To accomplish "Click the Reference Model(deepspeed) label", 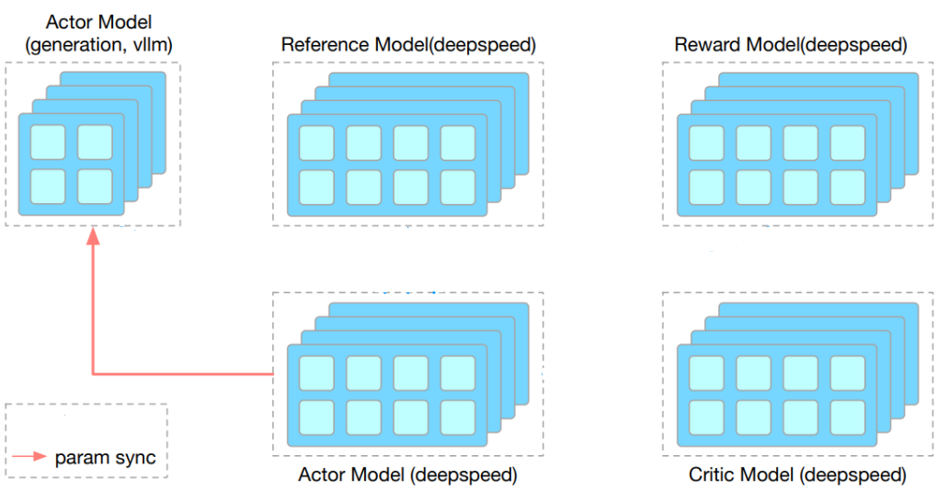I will click(x=407, y=45).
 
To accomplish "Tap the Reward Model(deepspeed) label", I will click(x=790, y=45).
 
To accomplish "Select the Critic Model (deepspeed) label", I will click(x=797, y=475).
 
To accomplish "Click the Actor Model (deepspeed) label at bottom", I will click(x=407, y=475).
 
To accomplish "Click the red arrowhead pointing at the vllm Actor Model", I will click(x=92, y=237).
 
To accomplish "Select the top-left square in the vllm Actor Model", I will click(x=48, y=143).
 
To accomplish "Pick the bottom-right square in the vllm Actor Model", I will click(x=95, y=186).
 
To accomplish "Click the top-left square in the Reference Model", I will click(x=315, y=143).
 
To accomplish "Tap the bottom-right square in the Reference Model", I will click(x=458, y=187).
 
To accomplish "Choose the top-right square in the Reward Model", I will click(x=847, y=143).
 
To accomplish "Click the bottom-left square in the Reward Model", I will click(x=705, y=187).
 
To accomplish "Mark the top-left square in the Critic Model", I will click(x=705, y=372).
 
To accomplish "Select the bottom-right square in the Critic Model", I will click(x=847, y=416).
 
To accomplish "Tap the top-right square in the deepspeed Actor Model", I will click(x=458, y=372).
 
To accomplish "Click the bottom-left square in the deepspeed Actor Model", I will click(x=315, y=416).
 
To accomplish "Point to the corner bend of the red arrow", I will click(x=93, y=374).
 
